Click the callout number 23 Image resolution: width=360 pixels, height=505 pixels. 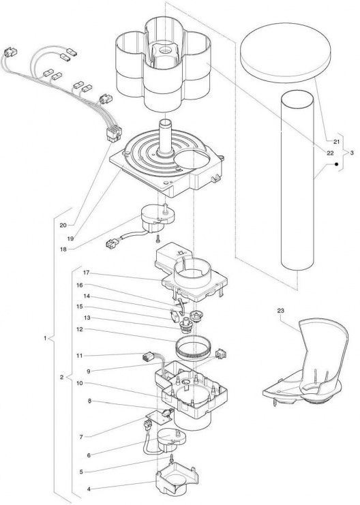[x=281, y=311]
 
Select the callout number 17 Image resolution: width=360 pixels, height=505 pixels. [x=86, y=273]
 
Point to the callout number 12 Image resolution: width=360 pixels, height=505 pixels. [x=79, y=329]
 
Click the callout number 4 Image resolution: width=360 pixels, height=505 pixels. [x=89, y=489]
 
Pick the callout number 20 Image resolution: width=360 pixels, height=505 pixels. [x=63, y=225]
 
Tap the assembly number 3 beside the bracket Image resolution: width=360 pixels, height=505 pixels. [x=352, y=153]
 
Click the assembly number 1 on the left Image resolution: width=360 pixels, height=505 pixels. [x=45, y=338]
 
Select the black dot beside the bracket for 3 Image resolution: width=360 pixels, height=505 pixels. [x=336, y=164]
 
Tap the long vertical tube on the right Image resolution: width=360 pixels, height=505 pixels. [x=297, y=181]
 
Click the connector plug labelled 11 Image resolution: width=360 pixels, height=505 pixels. [x=147, y=358]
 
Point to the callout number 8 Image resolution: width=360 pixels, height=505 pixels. [x=89, y=401]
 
